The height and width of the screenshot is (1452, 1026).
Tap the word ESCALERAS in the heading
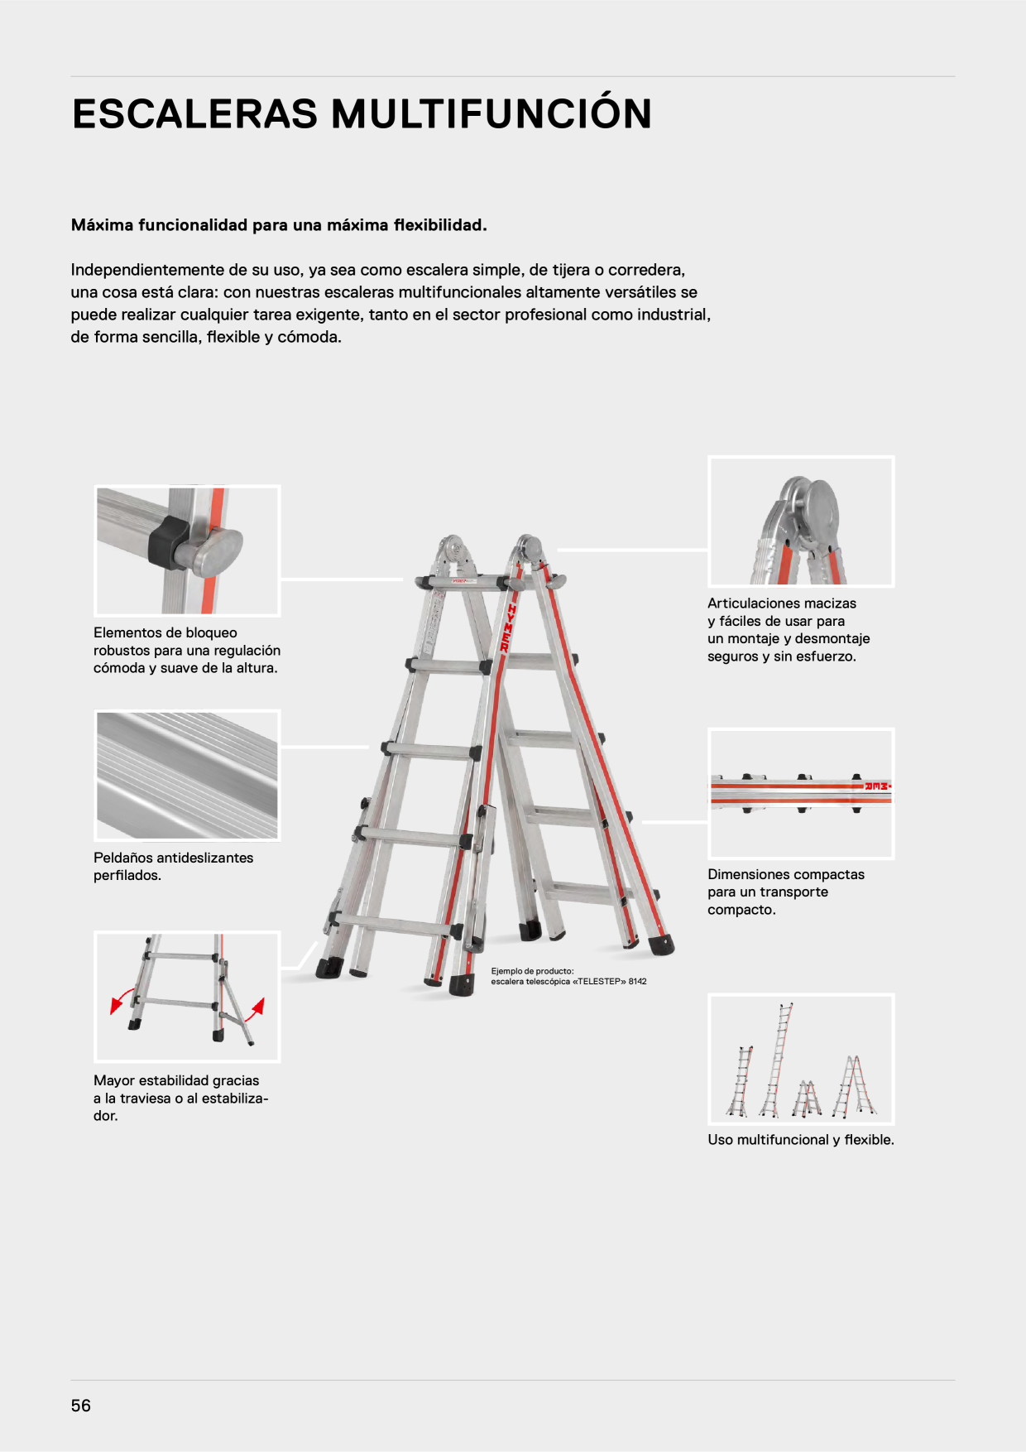point(195,114)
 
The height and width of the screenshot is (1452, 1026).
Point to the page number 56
point(81,1406)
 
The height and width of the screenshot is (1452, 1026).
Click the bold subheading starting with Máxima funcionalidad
point(279,225)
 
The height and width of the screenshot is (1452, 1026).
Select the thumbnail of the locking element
point(187,551)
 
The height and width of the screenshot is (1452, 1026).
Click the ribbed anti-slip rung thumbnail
point(187,775)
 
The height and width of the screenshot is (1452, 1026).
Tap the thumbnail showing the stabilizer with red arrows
point(187,997)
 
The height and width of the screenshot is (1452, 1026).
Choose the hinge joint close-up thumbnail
point(801,522)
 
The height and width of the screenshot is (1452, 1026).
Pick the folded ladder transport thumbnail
point(801,794)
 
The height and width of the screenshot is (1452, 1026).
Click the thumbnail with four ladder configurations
point(801,1059)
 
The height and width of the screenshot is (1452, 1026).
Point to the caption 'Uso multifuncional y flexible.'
point(801,1140)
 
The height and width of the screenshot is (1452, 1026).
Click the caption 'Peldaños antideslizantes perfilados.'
point(174,867)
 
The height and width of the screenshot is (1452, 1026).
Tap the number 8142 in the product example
point(638,982)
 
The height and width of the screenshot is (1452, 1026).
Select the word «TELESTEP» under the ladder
point(599,982)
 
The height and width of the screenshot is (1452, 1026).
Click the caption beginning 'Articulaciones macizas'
point(789,630)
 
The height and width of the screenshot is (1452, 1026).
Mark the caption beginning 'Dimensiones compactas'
point(786,892)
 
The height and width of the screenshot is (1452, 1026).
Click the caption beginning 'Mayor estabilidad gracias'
point(181,1098)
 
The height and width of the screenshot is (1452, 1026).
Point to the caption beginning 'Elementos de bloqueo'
point(187,651)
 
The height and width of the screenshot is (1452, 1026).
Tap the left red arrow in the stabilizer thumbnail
point(122,999)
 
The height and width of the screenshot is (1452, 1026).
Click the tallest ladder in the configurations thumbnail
point(776,1060)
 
